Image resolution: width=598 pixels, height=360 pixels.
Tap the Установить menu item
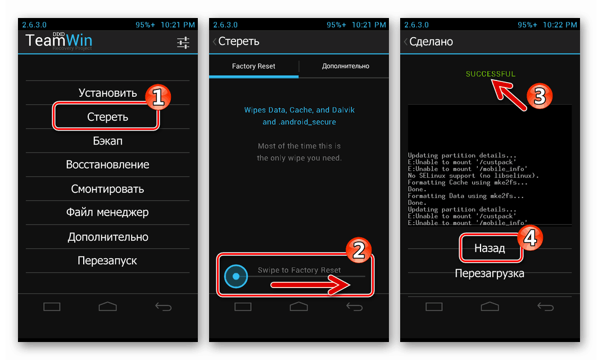[107, 93]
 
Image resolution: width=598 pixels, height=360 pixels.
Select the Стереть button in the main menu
[107, 117]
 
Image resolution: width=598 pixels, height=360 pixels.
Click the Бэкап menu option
[107, 141]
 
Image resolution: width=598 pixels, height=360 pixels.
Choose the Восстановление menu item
[107, 165]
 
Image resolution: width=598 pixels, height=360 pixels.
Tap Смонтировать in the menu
[107, 188]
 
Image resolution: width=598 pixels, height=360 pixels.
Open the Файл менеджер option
[107, 212]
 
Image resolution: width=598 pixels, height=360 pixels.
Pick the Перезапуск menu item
[107, 260]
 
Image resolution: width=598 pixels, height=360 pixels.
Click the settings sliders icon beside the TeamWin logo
[183, 42]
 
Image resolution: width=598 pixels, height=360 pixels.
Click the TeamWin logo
[58, 41]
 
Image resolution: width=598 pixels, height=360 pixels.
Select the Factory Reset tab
[253, 66]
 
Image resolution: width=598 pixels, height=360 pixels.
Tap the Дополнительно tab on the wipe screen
[346, 66]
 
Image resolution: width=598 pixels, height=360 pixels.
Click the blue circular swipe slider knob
[236, 276]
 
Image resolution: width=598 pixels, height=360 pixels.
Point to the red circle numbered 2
[359, 250]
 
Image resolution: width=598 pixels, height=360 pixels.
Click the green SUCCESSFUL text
[491, 74]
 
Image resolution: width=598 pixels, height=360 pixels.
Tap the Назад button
[490, 249]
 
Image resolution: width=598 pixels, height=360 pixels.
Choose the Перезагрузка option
[490, 273]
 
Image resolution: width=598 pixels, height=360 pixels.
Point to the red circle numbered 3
[540, 96]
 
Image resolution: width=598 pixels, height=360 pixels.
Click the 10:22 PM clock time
[560, 25]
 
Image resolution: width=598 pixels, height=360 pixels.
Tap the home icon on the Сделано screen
[490, 306]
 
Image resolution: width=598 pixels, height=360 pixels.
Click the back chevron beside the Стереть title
[215, 41]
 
